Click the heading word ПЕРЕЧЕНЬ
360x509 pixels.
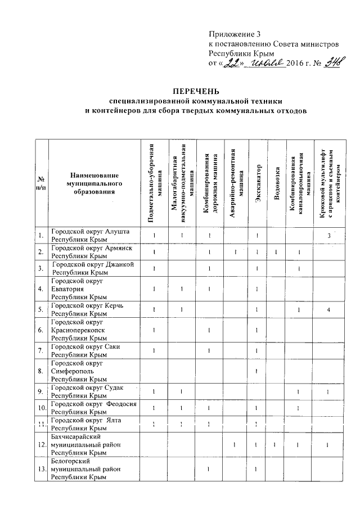[195, 91]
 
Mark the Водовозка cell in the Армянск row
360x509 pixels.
[276, 251]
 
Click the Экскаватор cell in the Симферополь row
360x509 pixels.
[256, 371]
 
